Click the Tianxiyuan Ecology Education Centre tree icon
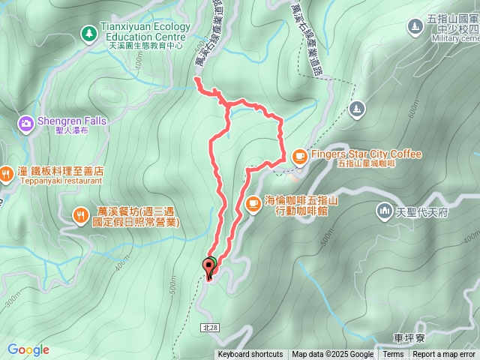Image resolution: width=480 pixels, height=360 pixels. click(89, 34)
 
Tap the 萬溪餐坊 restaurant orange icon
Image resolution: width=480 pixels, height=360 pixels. click(81, 217)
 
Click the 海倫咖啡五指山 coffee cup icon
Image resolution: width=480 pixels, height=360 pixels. click(253, 202)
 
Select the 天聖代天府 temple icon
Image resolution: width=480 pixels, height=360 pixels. click(385, 212)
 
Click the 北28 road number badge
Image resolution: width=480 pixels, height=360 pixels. click(209, 328)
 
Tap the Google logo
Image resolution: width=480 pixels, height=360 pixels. click(28, 349)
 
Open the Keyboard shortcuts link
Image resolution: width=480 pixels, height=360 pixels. click(250, 355)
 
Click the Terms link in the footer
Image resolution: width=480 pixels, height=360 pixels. click(393, 355)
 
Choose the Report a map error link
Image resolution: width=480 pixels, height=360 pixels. click(445, 355)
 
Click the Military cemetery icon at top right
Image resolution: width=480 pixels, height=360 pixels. click(415, 28)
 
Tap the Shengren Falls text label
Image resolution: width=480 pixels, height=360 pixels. click(72, 121)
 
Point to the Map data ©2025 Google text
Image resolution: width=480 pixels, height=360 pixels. click(333, 355)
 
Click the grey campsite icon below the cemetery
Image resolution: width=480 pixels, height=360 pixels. click(356, 110)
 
